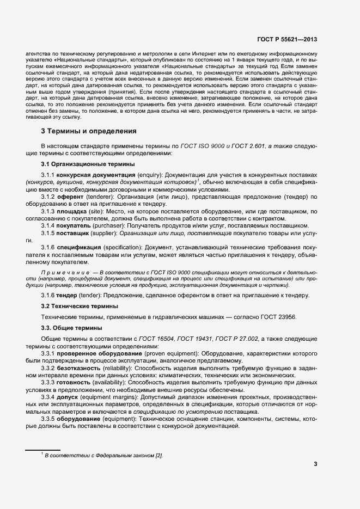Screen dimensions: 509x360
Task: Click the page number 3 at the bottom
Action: pyautogui.click(x=315, y=464)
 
